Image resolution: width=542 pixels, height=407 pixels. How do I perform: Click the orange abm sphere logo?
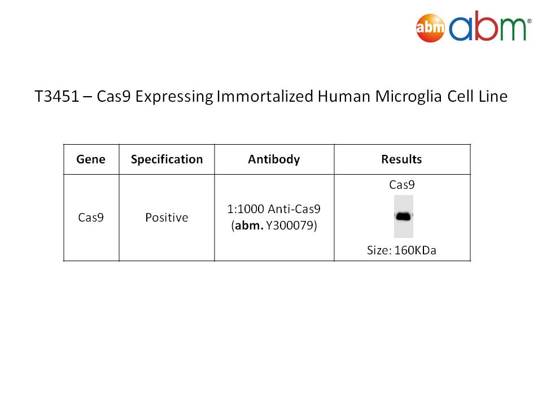(430, 28)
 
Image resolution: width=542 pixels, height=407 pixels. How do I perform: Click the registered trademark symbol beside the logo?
(529, 21)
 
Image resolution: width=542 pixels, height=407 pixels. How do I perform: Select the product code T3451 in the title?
(56, 96)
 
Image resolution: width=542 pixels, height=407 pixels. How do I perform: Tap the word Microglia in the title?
(408, 97)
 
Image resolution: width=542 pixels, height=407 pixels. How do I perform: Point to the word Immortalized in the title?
(265, 96)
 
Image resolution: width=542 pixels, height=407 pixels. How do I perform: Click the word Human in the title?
(344, 96)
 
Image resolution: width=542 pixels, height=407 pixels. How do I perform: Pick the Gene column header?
(91, 159)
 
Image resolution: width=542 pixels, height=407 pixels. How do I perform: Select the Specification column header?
(167, 159)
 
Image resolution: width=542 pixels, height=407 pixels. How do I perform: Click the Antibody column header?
(274, 159)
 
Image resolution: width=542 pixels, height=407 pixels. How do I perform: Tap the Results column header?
(401, 159)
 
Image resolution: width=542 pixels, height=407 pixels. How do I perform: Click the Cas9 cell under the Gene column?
(91, 217)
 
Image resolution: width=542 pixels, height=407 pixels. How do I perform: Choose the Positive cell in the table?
(167, 217)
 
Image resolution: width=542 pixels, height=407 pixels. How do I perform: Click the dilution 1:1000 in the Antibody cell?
(246, 209)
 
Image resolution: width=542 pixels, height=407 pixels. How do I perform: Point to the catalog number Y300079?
(291, 226)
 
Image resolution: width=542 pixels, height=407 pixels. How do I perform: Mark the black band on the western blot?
(403, 217)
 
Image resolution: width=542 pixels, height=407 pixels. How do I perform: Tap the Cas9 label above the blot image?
(401, 185)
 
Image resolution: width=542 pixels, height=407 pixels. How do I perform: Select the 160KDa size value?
(415, 250)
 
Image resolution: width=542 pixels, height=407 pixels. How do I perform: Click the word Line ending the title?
(493, 96)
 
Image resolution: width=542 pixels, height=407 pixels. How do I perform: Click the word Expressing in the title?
(174, 97)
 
